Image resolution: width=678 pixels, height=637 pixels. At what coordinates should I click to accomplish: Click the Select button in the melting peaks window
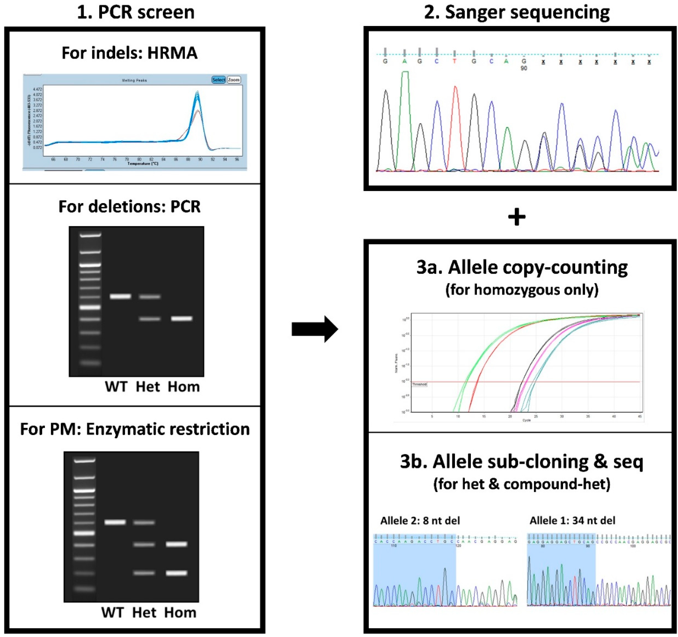click(218, 80)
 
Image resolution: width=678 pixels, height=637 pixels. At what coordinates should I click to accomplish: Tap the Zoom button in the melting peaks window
click(234, 80)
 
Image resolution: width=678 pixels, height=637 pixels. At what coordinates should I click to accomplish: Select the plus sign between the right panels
click(517, 217)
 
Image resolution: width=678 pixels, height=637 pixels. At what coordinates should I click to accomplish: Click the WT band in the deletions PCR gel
click(120, 296)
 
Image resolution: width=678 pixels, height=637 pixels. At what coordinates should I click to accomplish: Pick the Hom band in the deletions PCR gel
click(181, 318)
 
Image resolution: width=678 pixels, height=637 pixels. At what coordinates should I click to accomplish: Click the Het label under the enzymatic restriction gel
click(144, 612)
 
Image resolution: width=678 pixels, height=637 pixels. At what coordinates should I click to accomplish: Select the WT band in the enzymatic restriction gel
click(115, 522)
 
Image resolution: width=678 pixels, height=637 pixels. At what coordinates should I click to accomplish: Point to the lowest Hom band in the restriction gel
click(176, 573)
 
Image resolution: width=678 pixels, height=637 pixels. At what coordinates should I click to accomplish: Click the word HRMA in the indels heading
click(172, 53)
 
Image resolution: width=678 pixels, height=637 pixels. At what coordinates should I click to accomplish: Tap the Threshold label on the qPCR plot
click(419, 384)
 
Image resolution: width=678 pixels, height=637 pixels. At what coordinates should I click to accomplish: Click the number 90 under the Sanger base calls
click(524, 68)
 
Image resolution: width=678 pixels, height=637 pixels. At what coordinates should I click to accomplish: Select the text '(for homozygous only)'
click(522, 290)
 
